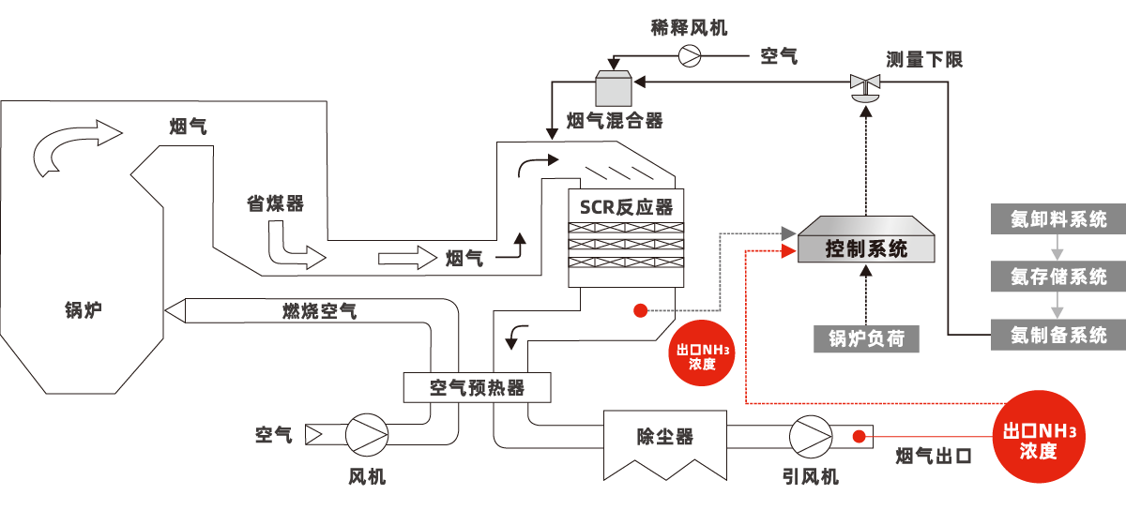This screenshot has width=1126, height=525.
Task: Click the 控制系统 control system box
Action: tap(866, 248)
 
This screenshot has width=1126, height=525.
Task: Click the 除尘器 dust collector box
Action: tap(664, 437)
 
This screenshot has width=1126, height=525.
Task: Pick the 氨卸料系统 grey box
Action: tap(1058, 219)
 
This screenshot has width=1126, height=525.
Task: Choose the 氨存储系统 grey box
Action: tap(1058, 277)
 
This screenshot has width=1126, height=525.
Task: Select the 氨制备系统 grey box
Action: tap(1058, 335)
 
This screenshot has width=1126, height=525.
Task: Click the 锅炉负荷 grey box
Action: tap(866, 338)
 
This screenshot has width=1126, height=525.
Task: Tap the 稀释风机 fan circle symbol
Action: tap(691, 56)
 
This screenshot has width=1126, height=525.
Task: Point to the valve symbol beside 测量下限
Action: tap(863, 86)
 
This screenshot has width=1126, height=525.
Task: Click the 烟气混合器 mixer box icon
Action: tap(616, 89)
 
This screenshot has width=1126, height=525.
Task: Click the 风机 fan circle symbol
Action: tap(366, 435)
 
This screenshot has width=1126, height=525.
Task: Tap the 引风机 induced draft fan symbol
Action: tap(809, 436)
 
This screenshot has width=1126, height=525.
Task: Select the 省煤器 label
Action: tap(275, 203)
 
